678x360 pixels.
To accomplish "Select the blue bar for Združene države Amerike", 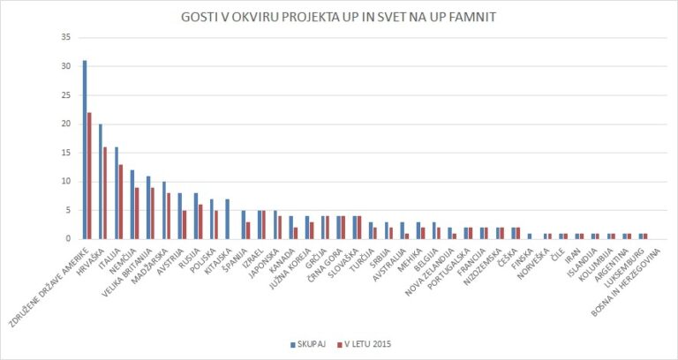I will [x=85, y=149].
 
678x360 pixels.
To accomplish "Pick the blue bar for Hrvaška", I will [x=101, y=181].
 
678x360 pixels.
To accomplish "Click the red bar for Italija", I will [x=121, y=201].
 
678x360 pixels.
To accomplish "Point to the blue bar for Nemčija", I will [x=132, y=204].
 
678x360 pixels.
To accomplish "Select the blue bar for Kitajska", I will [x=228, y=219].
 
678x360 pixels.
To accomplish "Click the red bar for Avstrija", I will [x=185, y=224].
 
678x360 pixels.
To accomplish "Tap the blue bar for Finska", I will [x=530, y=236].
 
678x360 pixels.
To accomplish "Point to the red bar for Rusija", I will [x=200, y=221].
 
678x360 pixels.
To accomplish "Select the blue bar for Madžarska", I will [x=164, y=210].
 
